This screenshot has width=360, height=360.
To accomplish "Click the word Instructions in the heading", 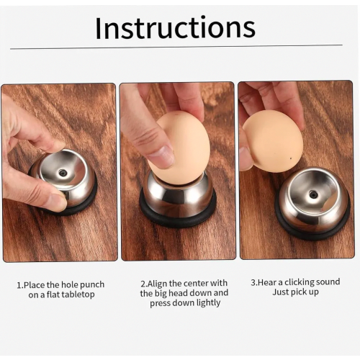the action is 175,27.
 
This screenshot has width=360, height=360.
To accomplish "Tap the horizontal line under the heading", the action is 176,47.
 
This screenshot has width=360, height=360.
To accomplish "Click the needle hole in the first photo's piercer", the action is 63,172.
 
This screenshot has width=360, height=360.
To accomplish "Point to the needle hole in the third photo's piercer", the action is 312,194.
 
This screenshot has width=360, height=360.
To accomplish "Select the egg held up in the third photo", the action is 274,141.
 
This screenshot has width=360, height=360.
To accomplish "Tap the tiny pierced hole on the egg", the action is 291,158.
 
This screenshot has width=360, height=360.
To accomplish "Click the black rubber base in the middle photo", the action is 178,216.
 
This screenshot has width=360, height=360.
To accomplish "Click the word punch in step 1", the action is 92,285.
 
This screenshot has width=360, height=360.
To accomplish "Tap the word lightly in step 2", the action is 208,303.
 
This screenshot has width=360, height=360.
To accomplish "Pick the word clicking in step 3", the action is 299,282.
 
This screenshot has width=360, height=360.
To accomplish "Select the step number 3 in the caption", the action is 253,282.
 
